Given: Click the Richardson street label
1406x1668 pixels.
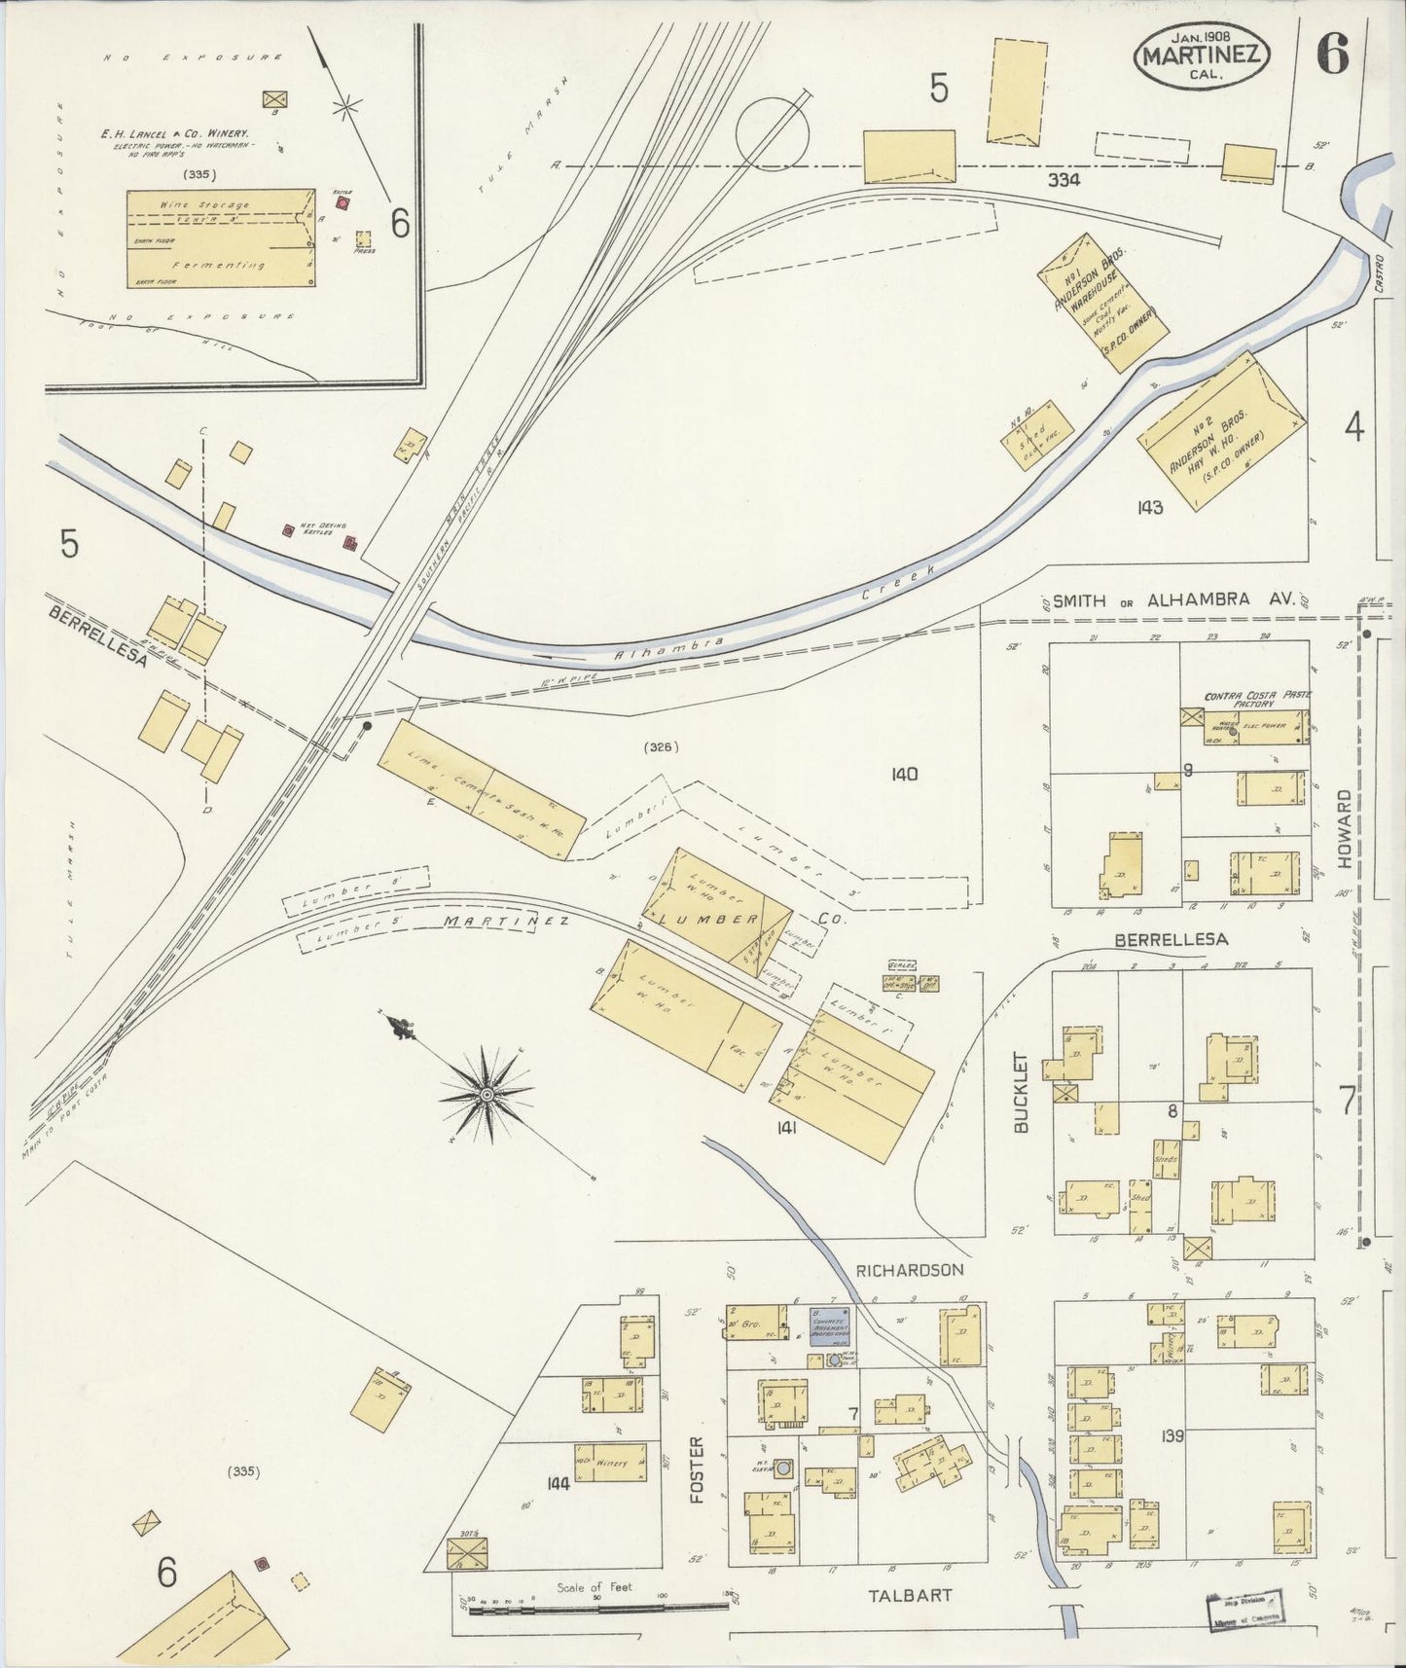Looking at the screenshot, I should click(x=911, y=1270).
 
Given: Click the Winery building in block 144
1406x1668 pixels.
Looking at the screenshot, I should click(x=611, y=1462).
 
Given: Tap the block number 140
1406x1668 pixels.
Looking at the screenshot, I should click(x=904, y=775).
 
